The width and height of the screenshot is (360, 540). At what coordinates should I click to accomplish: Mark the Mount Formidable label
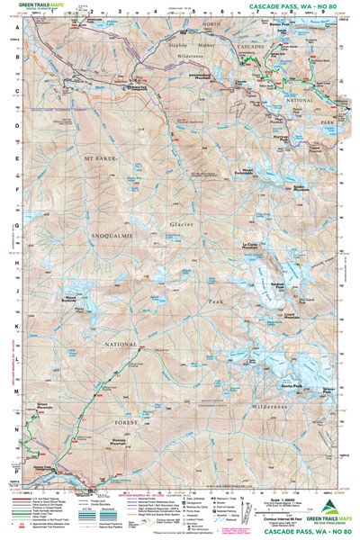coord(244,171)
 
